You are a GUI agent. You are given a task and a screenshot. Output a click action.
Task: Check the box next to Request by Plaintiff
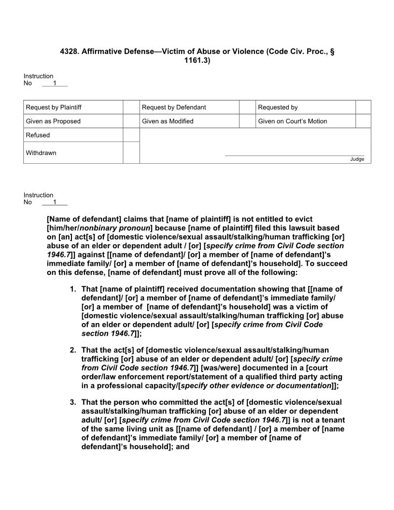click(x=131, y=107)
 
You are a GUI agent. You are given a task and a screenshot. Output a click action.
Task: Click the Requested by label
click(x=278, y=107)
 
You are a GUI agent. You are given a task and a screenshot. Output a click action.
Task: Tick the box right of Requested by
click(x=363, y=107)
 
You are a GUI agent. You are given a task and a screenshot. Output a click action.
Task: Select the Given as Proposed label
click(x=53, y=121)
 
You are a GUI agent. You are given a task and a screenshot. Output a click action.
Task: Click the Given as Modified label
click(x=168, y=121)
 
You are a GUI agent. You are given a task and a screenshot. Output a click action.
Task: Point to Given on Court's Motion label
click(x=293, y=121)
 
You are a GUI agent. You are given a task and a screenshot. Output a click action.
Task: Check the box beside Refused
click(x=131, y=135)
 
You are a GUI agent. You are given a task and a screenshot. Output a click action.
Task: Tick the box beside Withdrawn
click(x=131, y=153)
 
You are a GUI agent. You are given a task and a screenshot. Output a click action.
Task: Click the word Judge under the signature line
click(x=357, y=159)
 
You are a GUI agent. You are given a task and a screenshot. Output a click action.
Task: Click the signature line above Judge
click(x=295, y=156)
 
